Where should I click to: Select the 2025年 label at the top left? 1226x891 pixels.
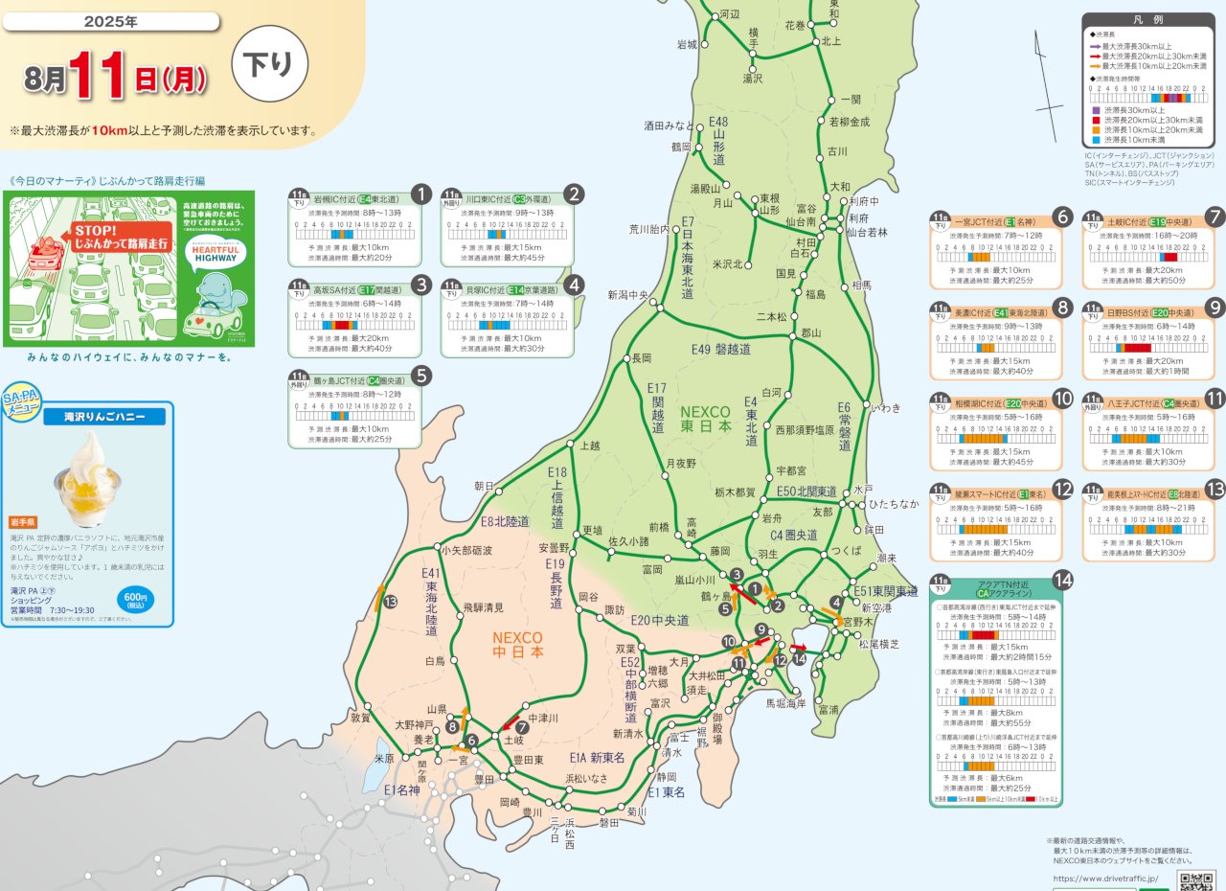click(110, 21)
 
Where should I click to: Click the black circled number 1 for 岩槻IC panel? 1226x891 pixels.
click(420, 194)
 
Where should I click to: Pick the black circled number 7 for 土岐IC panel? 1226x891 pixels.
click(1215, 217)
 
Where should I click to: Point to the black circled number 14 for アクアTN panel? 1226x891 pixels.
click(1061, 579)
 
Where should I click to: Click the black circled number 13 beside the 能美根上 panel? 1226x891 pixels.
click(1215, 489)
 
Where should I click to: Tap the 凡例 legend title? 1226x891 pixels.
click(1147, 20)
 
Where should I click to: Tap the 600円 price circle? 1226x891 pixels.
click(137, 600)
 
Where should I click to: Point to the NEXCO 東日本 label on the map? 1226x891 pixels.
click(706, 419)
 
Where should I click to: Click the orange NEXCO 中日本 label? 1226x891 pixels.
click(517, 645)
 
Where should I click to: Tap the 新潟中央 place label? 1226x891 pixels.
click(628, 295)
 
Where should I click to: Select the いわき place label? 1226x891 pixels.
click(885, 407)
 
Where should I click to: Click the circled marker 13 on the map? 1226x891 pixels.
click(390, 602)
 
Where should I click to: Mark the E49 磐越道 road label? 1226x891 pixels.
click(721, 350)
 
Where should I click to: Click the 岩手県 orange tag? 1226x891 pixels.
click(22, 522)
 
